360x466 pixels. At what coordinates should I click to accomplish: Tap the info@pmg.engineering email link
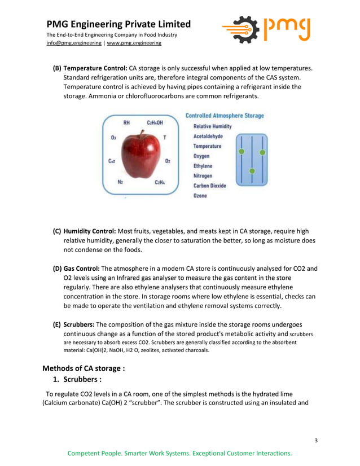[74, 43]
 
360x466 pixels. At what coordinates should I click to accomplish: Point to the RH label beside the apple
[127, 122]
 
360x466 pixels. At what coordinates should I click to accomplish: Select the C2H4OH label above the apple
[155, 122]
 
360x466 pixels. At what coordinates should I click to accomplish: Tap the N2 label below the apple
[120, 182]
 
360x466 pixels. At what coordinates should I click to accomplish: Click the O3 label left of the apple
[113, 137]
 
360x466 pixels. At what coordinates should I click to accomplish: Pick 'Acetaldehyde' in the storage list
[208, 136]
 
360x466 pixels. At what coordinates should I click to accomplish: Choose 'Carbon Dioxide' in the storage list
[209, 186]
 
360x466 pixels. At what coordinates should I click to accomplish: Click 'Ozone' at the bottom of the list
[200, 196]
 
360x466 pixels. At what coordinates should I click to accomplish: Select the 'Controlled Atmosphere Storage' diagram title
[224, 116]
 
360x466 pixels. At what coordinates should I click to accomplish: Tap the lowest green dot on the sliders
[252, 170]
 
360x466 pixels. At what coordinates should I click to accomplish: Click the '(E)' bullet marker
[57, 325]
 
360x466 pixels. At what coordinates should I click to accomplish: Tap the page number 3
[316, 440]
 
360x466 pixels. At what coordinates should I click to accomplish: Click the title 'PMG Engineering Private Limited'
[118, 24]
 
